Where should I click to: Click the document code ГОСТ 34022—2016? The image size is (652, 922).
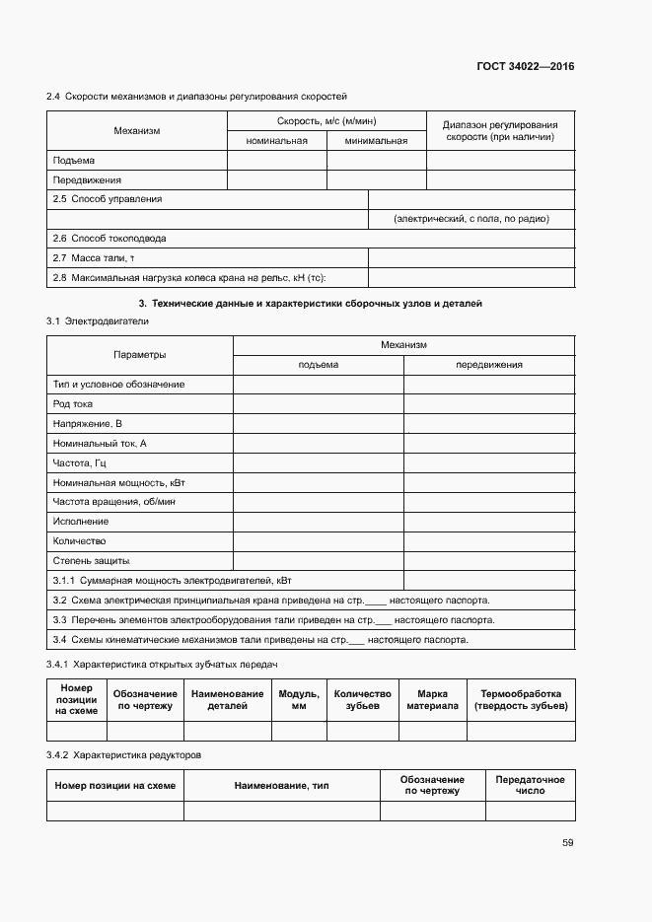pos(526,67)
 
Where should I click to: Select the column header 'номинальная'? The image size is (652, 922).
pos(277,140)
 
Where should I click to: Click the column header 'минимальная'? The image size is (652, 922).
pos(376,140)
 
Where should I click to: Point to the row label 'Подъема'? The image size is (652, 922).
pos(74,160)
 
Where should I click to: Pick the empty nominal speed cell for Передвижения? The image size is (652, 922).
pos(277,179)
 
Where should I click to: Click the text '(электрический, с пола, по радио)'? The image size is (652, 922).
pos(471,219)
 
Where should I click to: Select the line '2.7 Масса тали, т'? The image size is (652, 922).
pos(93,258)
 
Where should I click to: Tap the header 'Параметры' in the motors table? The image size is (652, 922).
pos(139,354)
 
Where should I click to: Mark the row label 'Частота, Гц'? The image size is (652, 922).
pos(79,462)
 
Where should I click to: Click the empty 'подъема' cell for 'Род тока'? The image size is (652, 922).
pos(318,403)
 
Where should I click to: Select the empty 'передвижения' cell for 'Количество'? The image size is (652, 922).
pos(488,541)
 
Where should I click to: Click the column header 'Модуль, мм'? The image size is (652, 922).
pos(299,700)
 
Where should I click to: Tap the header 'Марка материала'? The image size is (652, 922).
pos(432,700)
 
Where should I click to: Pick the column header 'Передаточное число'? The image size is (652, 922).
pos(530,785)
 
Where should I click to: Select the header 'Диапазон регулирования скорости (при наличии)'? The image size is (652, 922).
pos(500,131)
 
